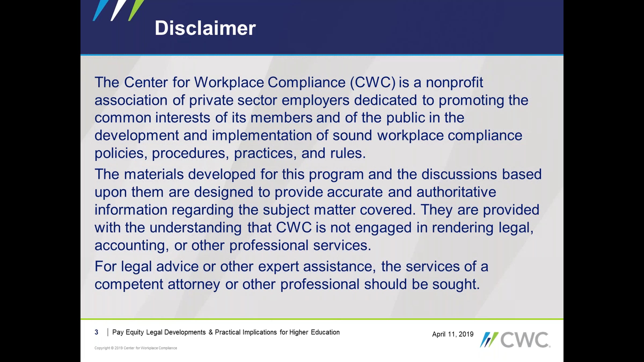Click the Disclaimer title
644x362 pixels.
coord(205,28)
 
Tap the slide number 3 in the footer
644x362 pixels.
coord(96,332)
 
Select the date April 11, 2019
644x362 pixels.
coord(453,334)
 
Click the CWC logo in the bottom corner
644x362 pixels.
coord(515,339)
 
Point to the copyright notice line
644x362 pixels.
coord(136,348)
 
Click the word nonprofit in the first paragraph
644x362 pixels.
coord(455,82)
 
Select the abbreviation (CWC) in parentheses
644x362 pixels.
coord(373,82)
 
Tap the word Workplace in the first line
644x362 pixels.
coord(229,82)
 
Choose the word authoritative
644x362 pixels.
coord(456,192)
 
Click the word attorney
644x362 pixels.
coord(194,284)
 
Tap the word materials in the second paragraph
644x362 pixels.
coord(154,174)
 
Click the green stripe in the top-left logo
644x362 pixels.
coord(136,10)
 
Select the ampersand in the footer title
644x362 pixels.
coord(210,332)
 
